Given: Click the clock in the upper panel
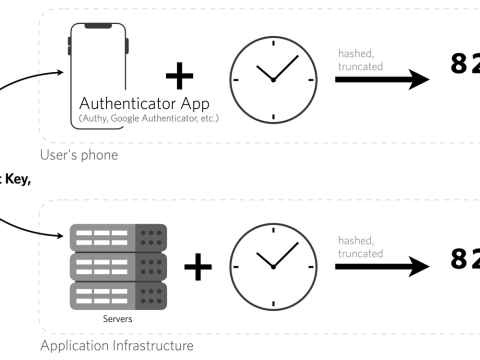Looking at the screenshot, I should tap(272, 79).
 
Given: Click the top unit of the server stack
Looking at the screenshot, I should tap(118, 238).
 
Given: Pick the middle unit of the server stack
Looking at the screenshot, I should tap(118, 267).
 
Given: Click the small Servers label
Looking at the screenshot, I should tap(118, 321).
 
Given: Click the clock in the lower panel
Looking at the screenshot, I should tap(272, 266).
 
